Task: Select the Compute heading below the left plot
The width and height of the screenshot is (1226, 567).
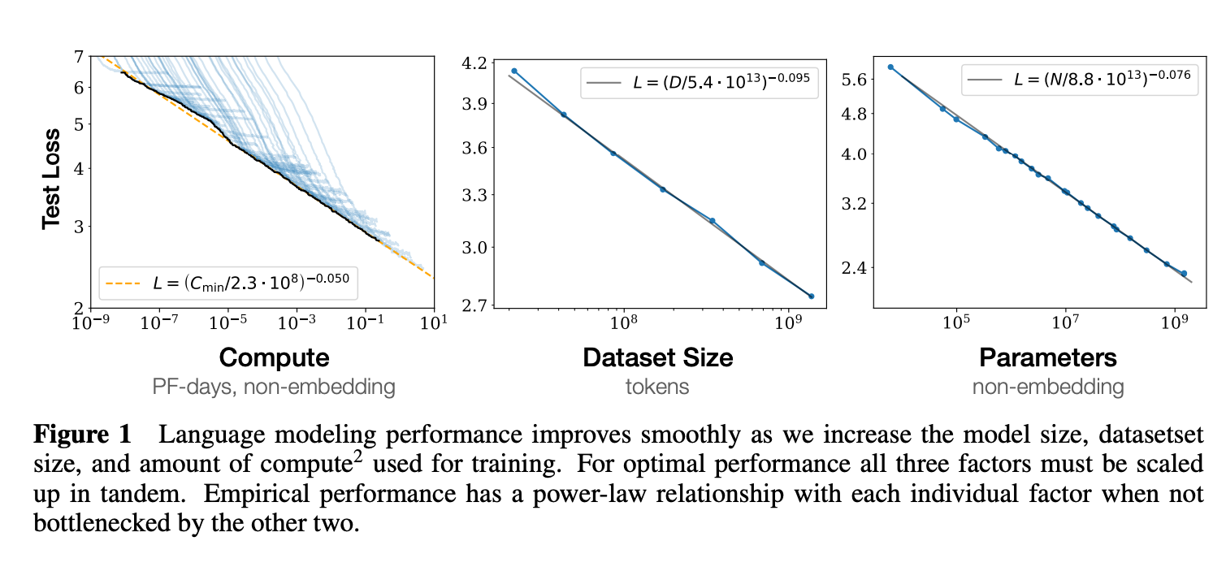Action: (x=274, y=357)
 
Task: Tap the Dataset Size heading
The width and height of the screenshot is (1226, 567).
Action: (x=657, y=357)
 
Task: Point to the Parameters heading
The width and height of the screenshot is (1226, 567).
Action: (x=1048, y=357)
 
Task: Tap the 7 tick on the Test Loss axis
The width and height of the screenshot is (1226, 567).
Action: (x=79, y=57)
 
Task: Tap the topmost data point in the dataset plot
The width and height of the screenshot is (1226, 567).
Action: (x=514, y=71)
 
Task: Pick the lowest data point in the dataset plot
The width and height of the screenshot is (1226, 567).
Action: (x=812, y=296)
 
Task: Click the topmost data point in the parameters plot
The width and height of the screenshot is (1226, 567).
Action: (x=890, y=67)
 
